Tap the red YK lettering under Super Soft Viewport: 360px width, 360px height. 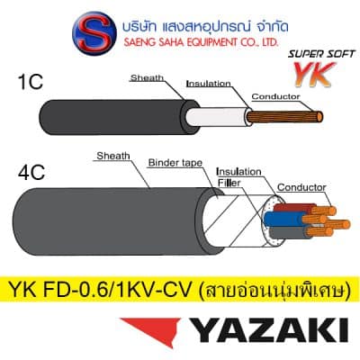point(314,74)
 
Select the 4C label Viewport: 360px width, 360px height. point(31,172)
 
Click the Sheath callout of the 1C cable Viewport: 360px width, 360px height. point(147,78)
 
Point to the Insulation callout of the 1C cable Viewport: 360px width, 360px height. point(209,84)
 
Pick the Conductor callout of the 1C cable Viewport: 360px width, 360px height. point(275,96)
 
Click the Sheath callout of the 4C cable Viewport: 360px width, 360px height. point(113,156)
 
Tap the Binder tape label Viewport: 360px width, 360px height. point(175,163)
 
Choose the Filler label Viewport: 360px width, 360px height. point(229,183)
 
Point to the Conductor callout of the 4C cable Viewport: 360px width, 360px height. point(301,187)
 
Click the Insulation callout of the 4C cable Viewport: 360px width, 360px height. point(238,172)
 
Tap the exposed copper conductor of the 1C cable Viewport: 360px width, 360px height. point(285,116)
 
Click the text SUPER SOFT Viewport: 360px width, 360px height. point(321,54)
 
